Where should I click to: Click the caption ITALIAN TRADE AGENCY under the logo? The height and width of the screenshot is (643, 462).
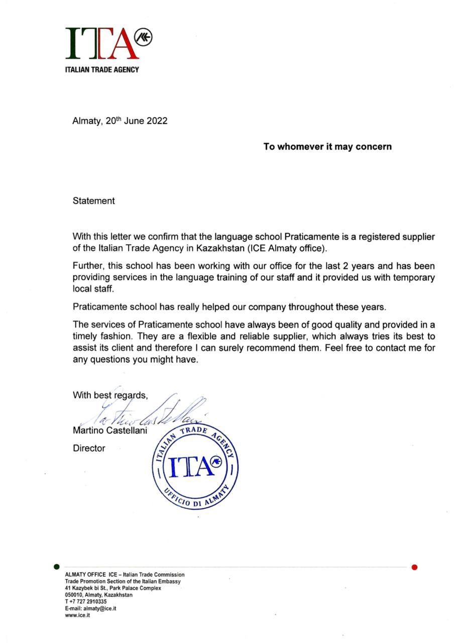coord(102,69)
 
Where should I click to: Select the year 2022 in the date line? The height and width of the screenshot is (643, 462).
coord(157,121)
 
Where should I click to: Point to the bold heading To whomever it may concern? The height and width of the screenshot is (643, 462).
coord(327,147)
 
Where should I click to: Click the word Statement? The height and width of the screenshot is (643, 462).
coord(93,201)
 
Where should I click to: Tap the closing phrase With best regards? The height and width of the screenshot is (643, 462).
coord(110,395)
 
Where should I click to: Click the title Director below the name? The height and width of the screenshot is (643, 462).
coord(89,448)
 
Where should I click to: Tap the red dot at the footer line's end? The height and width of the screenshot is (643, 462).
coord(414,567)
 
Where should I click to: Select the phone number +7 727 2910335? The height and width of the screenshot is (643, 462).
coord(87,601)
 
